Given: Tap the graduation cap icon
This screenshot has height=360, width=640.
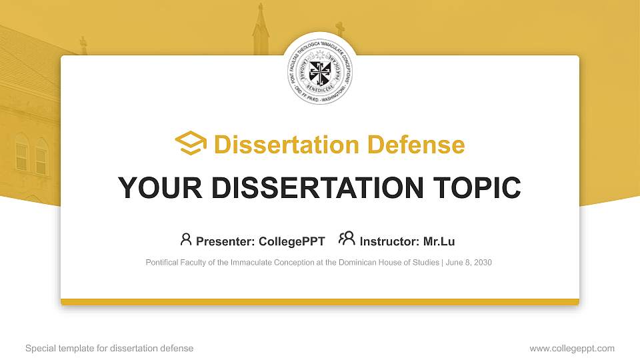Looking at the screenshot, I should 191,143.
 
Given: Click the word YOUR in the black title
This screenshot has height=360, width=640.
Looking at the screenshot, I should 156,188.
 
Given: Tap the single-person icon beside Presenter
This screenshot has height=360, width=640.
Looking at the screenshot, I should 186,239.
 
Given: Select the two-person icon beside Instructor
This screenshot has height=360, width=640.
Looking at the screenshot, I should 347,239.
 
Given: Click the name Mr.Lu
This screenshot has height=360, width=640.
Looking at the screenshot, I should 439,241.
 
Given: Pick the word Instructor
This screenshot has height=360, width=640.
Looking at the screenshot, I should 389,241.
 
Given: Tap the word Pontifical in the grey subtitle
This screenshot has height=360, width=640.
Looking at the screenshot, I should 162,263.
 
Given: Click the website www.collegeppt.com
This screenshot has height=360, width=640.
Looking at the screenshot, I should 572,348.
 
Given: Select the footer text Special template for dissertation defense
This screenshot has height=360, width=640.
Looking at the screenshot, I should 109,348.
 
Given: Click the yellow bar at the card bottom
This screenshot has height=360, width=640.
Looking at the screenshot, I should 320,302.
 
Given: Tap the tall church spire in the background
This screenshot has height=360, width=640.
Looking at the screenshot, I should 260,30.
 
